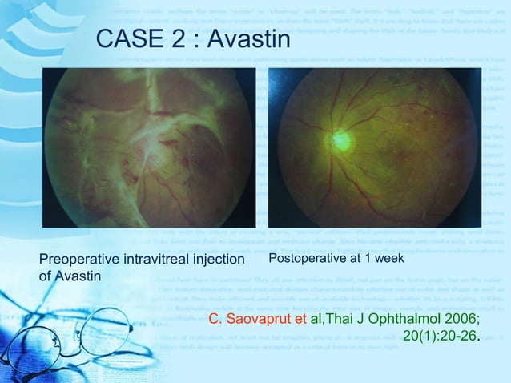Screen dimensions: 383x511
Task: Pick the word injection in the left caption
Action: tap(219, 260)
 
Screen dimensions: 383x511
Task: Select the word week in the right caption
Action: tap(389, 259)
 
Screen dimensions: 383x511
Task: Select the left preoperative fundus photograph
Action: tap(149, 148)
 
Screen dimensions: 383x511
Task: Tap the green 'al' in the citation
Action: tap(315, 321)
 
